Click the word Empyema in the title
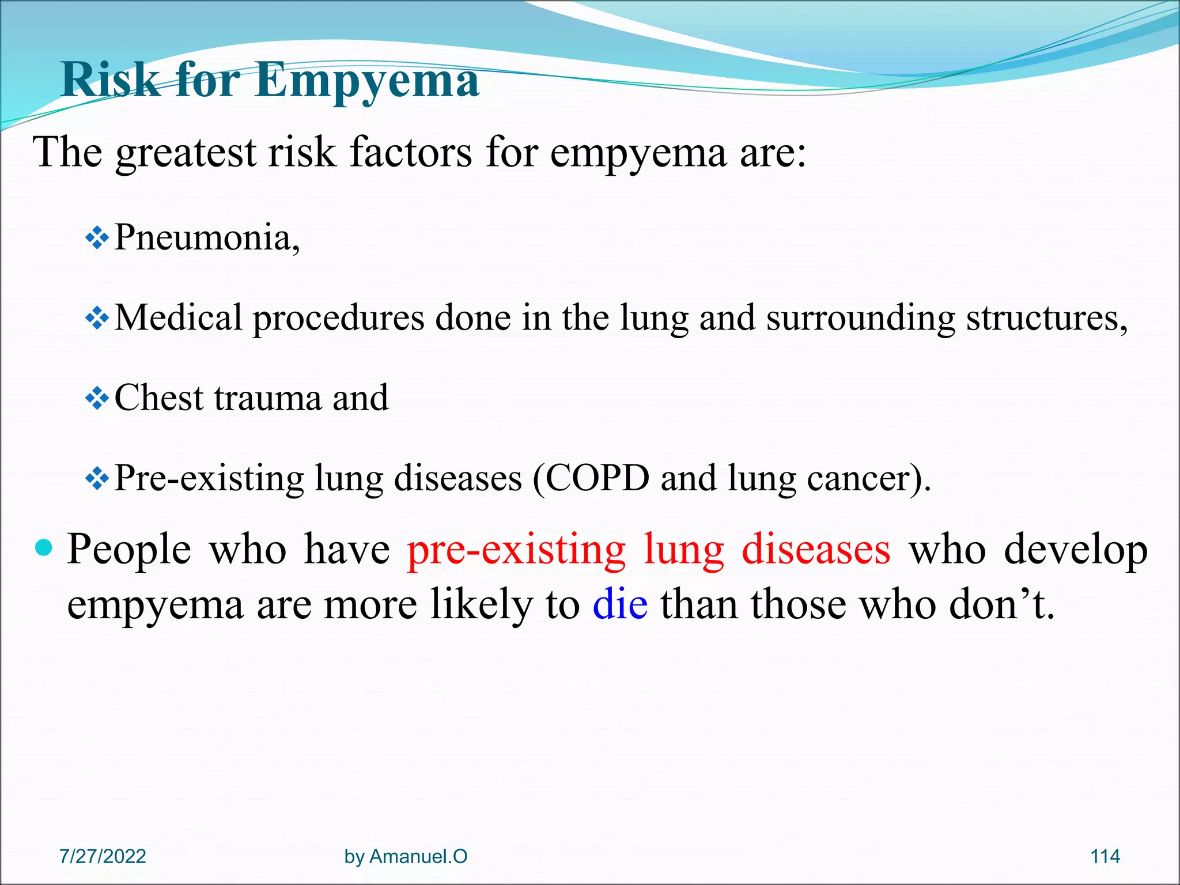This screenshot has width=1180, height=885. tap(366, 81)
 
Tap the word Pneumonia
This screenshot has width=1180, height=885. tap(206, 237)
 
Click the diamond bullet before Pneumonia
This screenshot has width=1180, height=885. tap(97, 237)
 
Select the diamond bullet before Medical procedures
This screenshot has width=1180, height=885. tap(97, 317)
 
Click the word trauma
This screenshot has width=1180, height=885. tap(267, 398)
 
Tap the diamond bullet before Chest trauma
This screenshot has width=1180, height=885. tap(97, 398)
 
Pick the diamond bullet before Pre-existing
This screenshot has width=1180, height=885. tap(97, 478)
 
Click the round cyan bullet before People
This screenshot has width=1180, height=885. tap(44, 547)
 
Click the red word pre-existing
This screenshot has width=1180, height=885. tap(516, 550)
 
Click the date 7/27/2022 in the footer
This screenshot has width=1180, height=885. tap(103, 856)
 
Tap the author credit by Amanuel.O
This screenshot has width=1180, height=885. tap(406, 856)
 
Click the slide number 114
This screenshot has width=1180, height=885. tap(1105, 856)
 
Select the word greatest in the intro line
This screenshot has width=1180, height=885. tap(186, 153)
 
